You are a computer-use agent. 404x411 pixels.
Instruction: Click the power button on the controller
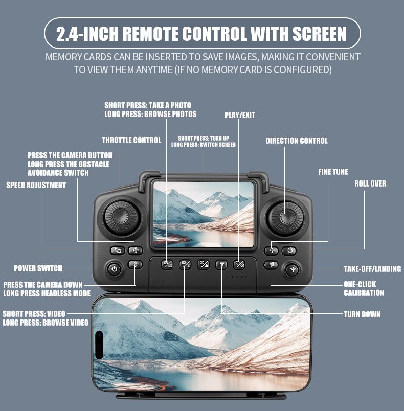click(115, 269)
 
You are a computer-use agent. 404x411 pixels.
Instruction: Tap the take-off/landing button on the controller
click(293, 269)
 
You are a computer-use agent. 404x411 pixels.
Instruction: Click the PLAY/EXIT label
click(240, 115)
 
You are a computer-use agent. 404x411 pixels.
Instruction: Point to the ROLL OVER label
click(370, 184)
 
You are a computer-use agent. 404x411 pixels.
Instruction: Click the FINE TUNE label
click(333, 172)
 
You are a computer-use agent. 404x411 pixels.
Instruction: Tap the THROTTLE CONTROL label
click(131, 140)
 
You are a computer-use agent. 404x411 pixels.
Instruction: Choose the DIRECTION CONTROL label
click(297, 141)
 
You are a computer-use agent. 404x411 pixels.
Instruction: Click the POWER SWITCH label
click(38, 268)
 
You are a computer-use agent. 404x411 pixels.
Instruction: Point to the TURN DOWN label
click(362, 314)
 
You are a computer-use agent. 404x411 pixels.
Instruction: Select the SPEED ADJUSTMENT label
click(36, 185)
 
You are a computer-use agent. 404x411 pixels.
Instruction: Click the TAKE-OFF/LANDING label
click(372, 269)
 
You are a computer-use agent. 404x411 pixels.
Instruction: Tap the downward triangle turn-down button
click(221, 265)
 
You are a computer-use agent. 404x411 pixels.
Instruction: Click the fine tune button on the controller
click(271, 251)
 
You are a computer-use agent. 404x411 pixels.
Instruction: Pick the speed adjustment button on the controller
click(117, 250)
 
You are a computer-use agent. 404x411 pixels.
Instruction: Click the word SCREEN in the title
click(319, 34)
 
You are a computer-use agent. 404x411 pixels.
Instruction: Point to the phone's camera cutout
click(99, 345)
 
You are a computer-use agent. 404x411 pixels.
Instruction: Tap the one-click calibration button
click(271, 265)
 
